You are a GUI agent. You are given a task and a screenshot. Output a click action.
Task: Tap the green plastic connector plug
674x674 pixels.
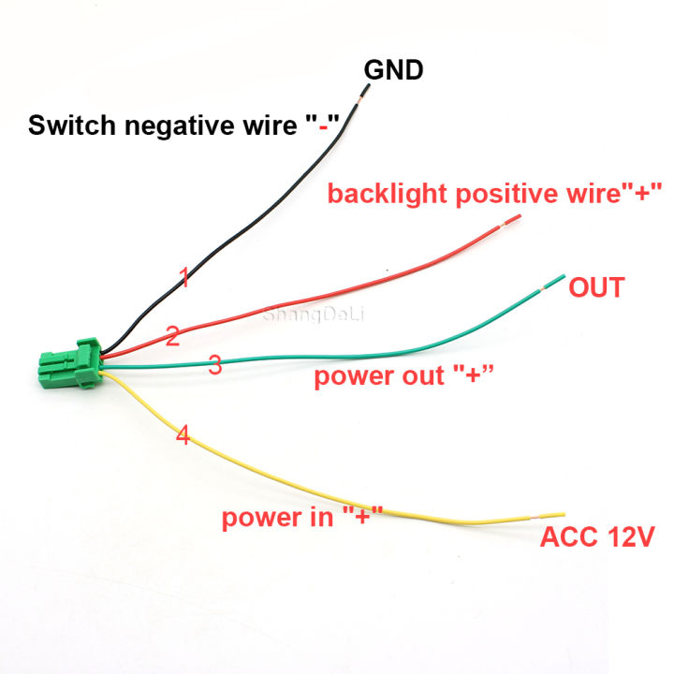[x=68, y=363]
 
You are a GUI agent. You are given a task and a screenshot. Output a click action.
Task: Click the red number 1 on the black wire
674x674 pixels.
[x=184, y=277]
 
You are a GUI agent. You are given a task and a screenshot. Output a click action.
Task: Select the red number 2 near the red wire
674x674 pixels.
[x=172, y=337]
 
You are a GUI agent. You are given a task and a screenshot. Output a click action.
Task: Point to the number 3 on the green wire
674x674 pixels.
[x=214, y=365]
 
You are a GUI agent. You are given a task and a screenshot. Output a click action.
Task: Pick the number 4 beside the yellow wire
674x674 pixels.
[x=183, y=436]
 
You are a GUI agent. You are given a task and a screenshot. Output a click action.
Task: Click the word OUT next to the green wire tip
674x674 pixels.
[x=596, y=287]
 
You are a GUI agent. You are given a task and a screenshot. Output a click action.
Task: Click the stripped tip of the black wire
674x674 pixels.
[x=363, y=92]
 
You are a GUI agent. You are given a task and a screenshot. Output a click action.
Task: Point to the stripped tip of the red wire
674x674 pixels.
[x=511, y=221]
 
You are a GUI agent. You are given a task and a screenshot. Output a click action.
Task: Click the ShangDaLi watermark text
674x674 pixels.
[x=304, y=315]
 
